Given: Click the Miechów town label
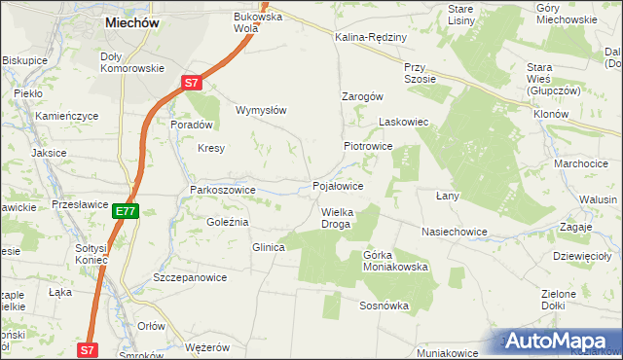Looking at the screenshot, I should (x=130, y=22).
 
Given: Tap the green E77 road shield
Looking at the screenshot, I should (x=126, y=210).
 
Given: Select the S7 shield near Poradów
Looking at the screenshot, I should (x=193, y=85).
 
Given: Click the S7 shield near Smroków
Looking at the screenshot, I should (x=89, y=348).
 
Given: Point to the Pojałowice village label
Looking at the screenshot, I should (x=338, y=186).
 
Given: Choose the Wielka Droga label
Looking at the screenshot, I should (x=336, y=217).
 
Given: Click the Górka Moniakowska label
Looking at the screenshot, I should (x=395, y=260).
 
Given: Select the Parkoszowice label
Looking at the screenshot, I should (x=223, y=190).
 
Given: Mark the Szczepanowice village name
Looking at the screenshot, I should (x=190, y=277).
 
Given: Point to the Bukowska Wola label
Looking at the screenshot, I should (x=257, y=21).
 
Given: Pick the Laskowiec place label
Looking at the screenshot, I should (x=404, y=124).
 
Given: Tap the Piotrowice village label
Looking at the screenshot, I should (x=367, y=146).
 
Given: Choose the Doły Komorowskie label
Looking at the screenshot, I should (x=132, y=62).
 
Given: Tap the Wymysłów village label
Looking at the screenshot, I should (x=261, y=110).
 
